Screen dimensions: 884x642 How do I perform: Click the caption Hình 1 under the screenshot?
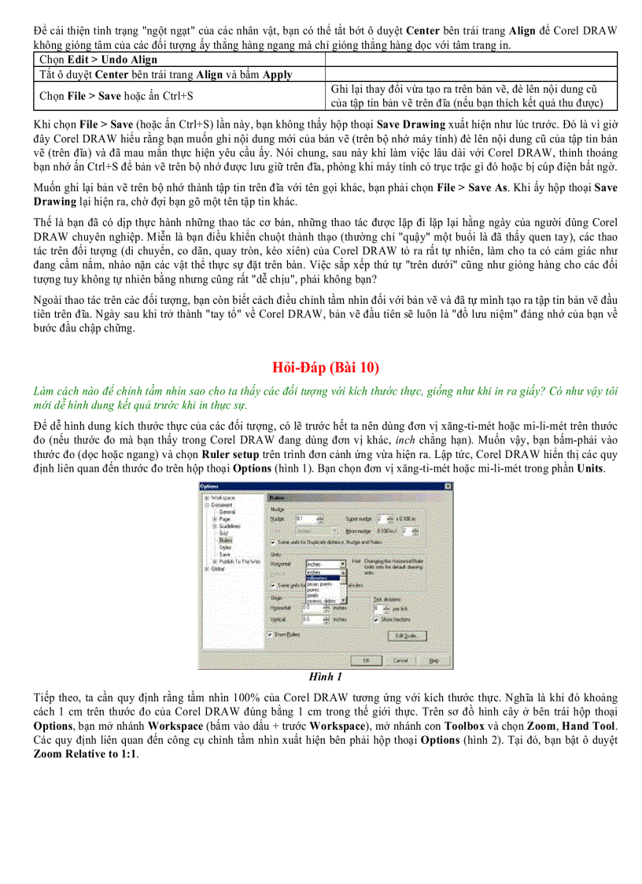tap(325, 675)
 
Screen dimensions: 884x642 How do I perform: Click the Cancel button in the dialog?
tap(400, 660)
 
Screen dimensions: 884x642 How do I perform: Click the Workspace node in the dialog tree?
tap(223, 497)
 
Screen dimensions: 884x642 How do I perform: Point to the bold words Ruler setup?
tap(225, 454)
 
